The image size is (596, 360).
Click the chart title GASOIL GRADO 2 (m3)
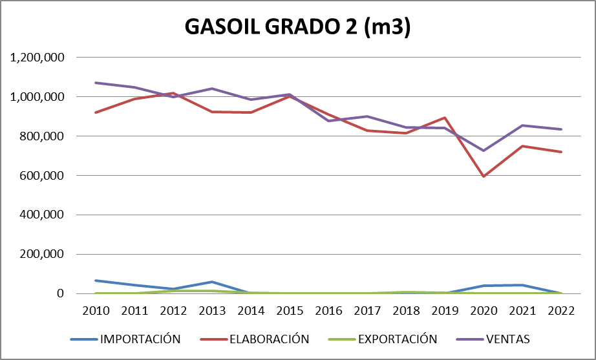pyautogui.click(x=297, y=27)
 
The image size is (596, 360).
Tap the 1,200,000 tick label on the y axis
pyautogui.click(x=37, y=58)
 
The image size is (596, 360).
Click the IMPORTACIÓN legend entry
pyautogui.click(x=139, y=339)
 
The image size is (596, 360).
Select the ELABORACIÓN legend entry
pyautogui.click(x=269, y=339)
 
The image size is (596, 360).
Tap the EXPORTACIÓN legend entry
pyautogui.click(x=397, y=339)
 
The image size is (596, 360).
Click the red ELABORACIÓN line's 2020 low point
pyautogui.click(x=484, y=176)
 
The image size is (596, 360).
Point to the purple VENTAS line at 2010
pyautogui.click(x=96, y=83)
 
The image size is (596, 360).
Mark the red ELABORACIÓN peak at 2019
pyautogui.click(x=445, y=118)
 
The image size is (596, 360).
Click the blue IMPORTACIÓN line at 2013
pyautogui.click(x=212, y=282)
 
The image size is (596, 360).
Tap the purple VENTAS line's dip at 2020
pyautogui.click(x=484, y=151)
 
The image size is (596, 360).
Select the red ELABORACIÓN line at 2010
pyautogui.click(x=96, y=112)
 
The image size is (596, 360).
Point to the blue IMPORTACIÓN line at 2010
pyautogui.click(x=96, y=281)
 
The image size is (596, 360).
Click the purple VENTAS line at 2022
pyautogui.click(x=562, y=129)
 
